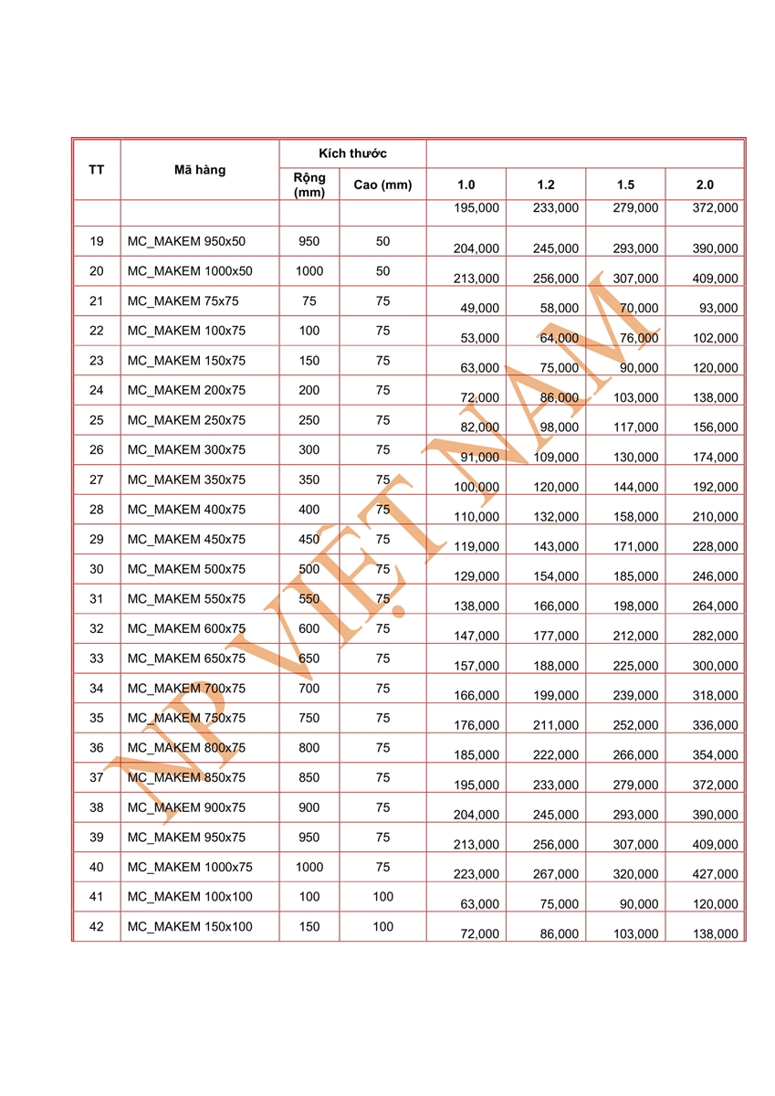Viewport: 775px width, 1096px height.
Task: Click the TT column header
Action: [x=96, y=169]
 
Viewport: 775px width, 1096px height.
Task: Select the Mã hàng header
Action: [x=199, y=169]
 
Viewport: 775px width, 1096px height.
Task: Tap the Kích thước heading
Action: [x=352, y=153]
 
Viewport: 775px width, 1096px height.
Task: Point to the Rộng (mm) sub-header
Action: [x=309, y=185]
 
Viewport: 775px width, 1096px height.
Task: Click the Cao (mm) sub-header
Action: [x=382, y=185]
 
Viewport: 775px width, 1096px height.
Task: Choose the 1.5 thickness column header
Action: [x=625, y=185]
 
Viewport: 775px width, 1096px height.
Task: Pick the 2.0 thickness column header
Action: [x=705, y=185]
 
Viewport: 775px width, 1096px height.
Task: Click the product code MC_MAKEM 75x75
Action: [x=186, y=301]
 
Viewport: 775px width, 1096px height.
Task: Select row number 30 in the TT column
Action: [x=97, y=569]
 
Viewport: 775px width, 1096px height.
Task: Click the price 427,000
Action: [x=716, y=874]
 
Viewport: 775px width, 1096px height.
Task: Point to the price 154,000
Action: [x=556, y=576]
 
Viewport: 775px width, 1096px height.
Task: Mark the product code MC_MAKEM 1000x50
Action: [x=190, y=271]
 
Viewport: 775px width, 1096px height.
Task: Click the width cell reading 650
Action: [x=309, y=659]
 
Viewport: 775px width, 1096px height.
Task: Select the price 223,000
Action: [x=477, y=874]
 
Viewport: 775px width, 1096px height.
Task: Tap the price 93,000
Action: [x=718, y=309]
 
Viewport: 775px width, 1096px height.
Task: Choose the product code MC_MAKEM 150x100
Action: [x=190, y=927]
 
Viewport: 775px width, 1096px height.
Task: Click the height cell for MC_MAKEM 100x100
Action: [x=382, y=897]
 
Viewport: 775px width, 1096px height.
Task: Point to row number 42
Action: [x=97, y=927]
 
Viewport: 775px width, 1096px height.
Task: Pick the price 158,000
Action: [x=635, y=517]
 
